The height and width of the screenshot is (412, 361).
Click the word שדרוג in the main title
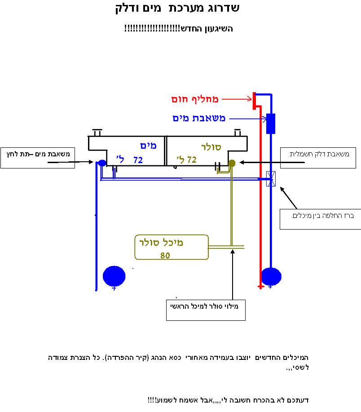224,8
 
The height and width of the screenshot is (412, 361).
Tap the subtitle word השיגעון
218,29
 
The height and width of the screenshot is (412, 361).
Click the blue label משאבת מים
199,118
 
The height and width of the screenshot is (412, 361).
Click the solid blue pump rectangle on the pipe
271,124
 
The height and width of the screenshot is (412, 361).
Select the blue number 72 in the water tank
138,160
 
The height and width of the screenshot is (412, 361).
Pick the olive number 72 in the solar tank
192,159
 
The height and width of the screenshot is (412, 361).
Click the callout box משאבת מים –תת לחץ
38,158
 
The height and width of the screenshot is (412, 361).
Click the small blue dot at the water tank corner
102,163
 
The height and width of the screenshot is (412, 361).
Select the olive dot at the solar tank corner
232,163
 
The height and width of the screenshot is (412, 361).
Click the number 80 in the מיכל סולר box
165,256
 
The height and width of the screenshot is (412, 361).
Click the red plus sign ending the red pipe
260,287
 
